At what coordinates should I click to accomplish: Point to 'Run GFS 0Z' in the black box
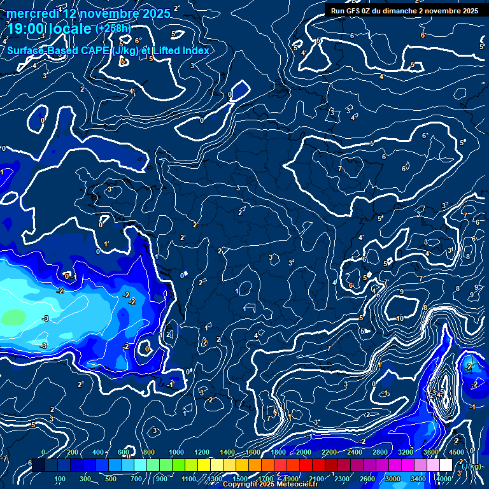click(353, 11)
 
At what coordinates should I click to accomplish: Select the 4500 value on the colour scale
click(456, 453)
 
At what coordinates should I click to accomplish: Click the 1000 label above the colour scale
click(176, 453)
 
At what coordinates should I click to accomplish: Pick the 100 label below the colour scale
click(60, 479)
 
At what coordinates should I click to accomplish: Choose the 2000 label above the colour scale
click(304, 453)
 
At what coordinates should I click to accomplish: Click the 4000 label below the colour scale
click(444, 479)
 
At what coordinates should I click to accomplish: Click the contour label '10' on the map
click(400, 318)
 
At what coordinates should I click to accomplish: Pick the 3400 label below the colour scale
click(418, 479)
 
